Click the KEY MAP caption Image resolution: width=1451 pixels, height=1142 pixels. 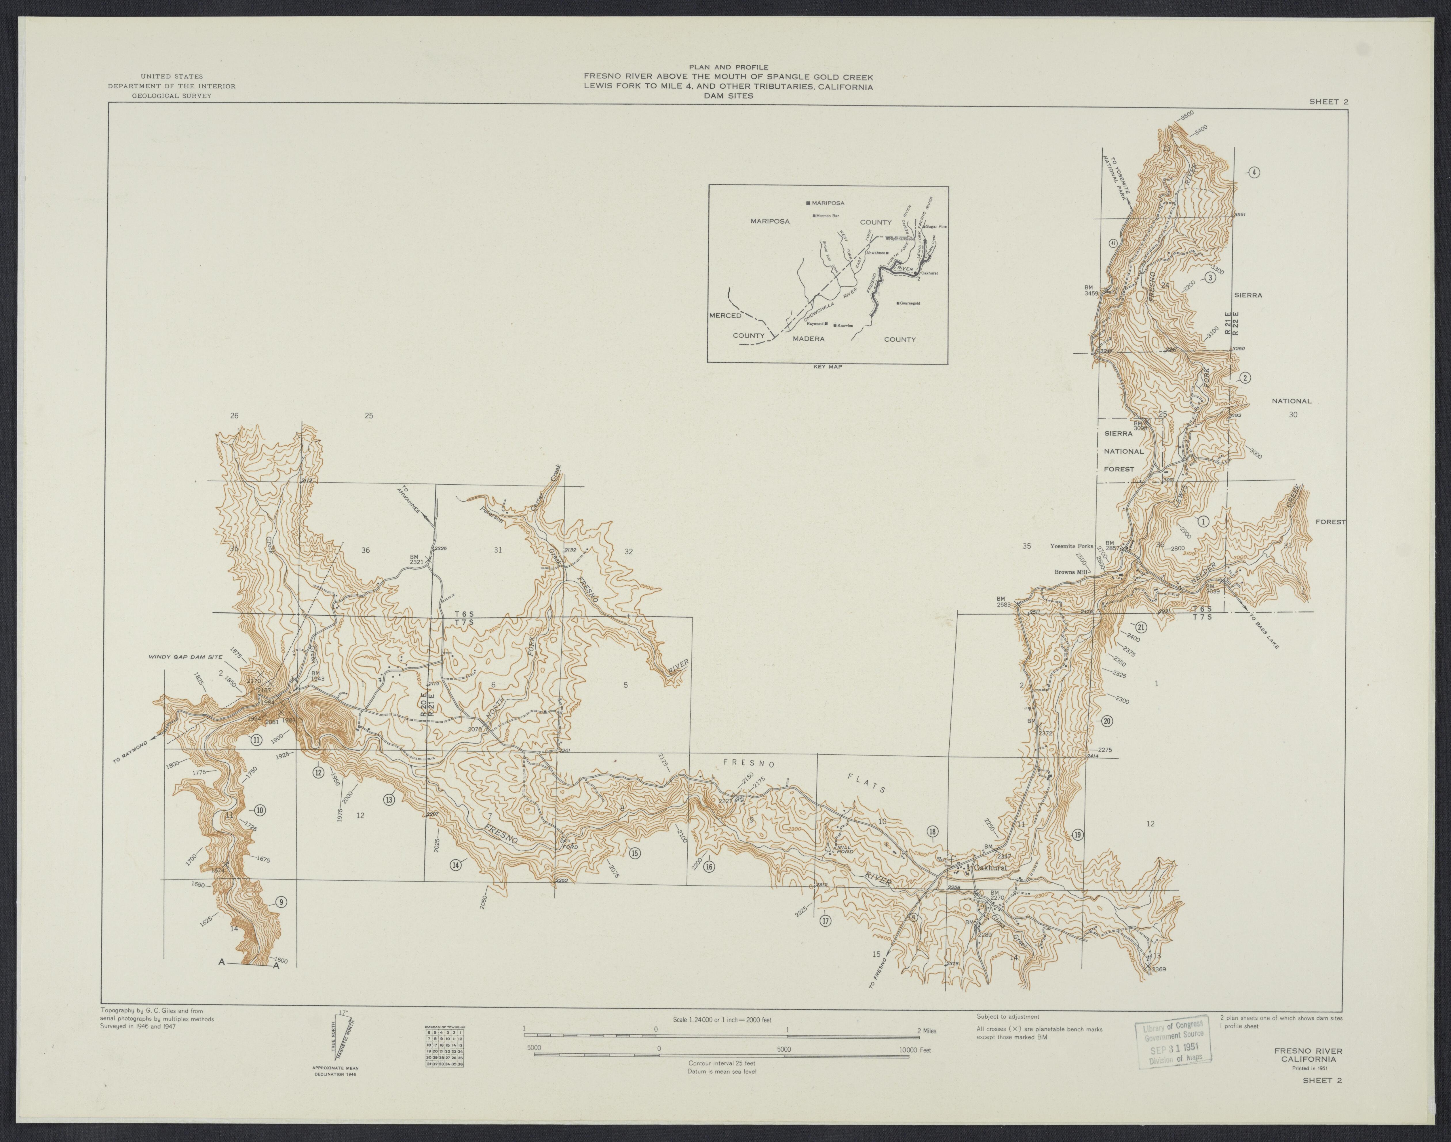(x=827, y=367)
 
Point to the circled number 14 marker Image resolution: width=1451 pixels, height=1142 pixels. (x=455, y=865)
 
